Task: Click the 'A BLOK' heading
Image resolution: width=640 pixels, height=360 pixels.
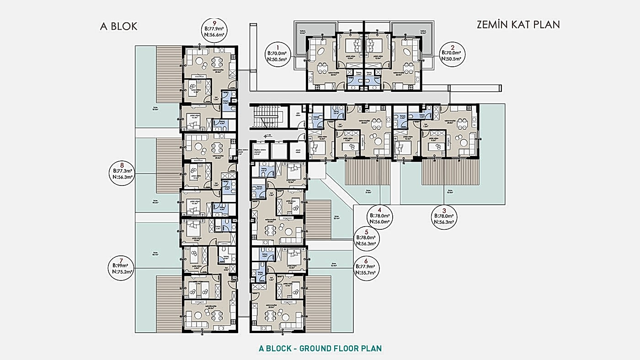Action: [118, 26]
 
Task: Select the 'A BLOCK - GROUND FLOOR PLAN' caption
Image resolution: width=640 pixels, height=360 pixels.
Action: [320, 348]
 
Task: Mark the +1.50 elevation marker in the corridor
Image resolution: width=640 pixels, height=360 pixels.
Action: [269, 135]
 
